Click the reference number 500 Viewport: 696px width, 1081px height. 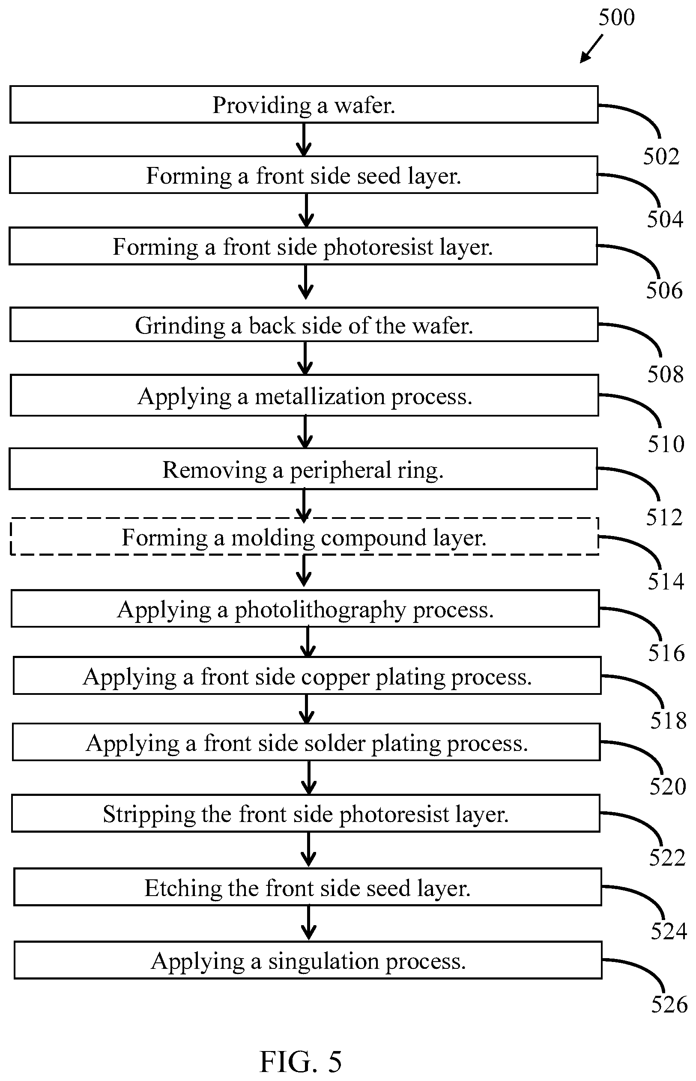(616, 17)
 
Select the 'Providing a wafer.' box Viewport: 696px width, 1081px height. (304, 104)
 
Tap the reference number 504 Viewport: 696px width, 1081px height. (665, 220)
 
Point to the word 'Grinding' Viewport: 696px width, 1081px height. (180, 326)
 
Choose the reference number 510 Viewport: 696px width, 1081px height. (666, 444)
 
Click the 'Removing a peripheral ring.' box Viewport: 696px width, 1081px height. (303, 469)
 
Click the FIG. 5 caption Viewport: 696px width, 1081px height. (301, 1061)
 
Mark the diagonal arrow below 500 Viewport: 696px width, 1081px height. (591, 49)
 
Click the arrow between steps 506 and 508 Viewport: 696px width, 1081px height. (306, 282)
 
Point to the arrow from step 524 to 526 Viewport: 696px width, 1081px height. (308, 923)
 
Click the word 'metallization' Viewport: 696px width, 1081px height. (320, 396)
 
